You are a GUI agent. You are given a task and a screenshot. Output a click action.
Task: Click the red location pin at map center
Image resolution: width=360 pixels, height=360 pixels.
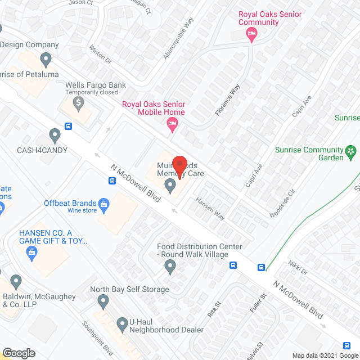[179, 165]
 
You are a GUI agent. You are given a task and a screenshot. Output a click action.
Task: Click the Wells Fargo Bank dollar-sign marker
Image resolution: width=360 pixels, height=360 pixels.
[79, 103]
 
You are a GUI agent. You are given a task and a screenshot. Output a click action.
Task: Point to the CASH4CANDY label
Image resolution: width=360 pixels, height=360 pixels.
[42, 150]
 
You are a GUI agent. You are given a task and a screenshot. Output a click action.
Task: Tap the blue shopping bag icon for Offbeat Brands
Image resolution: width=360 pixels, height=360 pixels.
[103, 203]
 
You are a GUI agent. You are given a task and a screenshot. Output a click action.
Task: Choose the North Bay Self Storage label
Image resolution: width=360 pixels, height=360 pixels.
[130, 289]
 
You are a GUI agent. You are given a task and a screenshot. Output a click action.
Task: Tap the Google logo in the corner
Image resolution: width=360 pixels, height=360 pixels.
[18, 353]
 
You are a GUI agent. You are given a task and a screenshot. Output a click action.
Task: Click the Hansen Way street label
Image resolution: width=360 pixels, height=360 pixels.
[209, 208]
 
